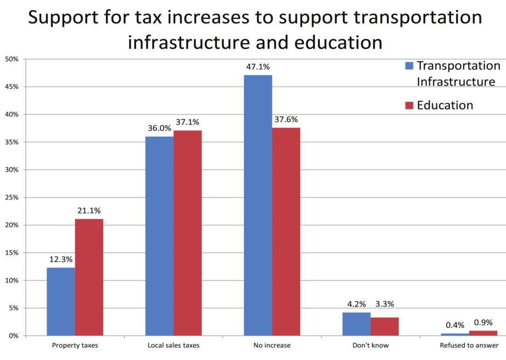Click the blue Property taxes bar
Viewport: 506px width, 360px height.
click(x=61, y=301)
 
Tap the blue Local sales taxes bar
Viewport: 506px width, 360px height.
click(x=159, y=236)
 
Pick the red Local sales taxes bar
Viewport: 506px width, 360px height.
click(x=188, y=233)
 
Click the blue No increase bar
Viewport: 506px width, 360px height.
click(x=258, y=205)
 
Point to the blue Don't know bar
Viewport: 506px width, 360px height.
click(x=357, y=324)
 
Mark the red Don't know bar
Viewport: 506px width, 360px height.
click(x=384, y=327)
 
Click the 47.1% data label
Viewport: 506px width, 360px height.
click(x=258, y=67)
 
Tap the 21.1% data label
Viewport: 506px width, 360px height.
click(x=89, y=211)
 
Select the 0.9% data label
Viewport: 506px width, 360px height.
click(x=484, y=323)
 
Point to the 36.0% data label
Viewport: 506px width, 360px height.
click(x=159, y=128)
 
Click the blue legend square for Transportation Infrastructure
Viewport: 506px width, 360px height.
click(x=409, y=66)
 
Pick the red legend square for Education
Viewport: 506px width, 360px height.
click(x=409, y=105)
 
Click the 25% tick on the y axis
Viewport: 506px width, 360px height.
click(x=12, y=197)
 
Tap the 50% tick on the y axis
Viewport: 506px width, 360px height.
click(x=12, y=59)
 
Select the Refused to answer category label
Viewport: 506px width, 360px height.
click(x=469, y=345)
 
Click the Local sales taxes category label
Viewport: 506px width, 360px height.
click(x=174, y=345)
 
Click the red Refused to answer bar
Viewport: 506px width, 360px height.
click(x=483, y=333)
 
